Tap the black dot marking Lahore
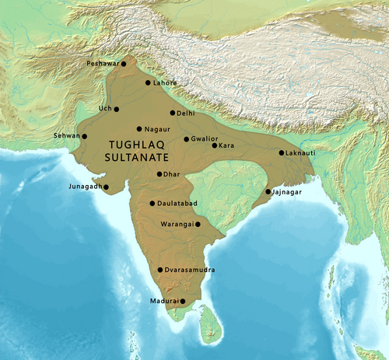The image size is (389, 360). [x=147, y=82]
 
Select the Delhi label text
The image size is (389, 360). [x=185, y=113]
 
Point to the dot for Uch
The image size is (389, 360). [x=118, y=109]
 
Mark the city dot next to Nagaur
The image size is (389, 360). [x=139, y=129]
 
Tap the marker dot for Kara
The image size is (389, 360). [x=214, y=145]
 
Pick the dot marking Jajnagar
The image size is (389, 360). [x=268, y=191]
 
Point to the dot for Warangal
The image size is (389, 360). [x=198, y=224]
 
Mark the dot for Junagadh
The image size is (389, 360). [x=106, y=187]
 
